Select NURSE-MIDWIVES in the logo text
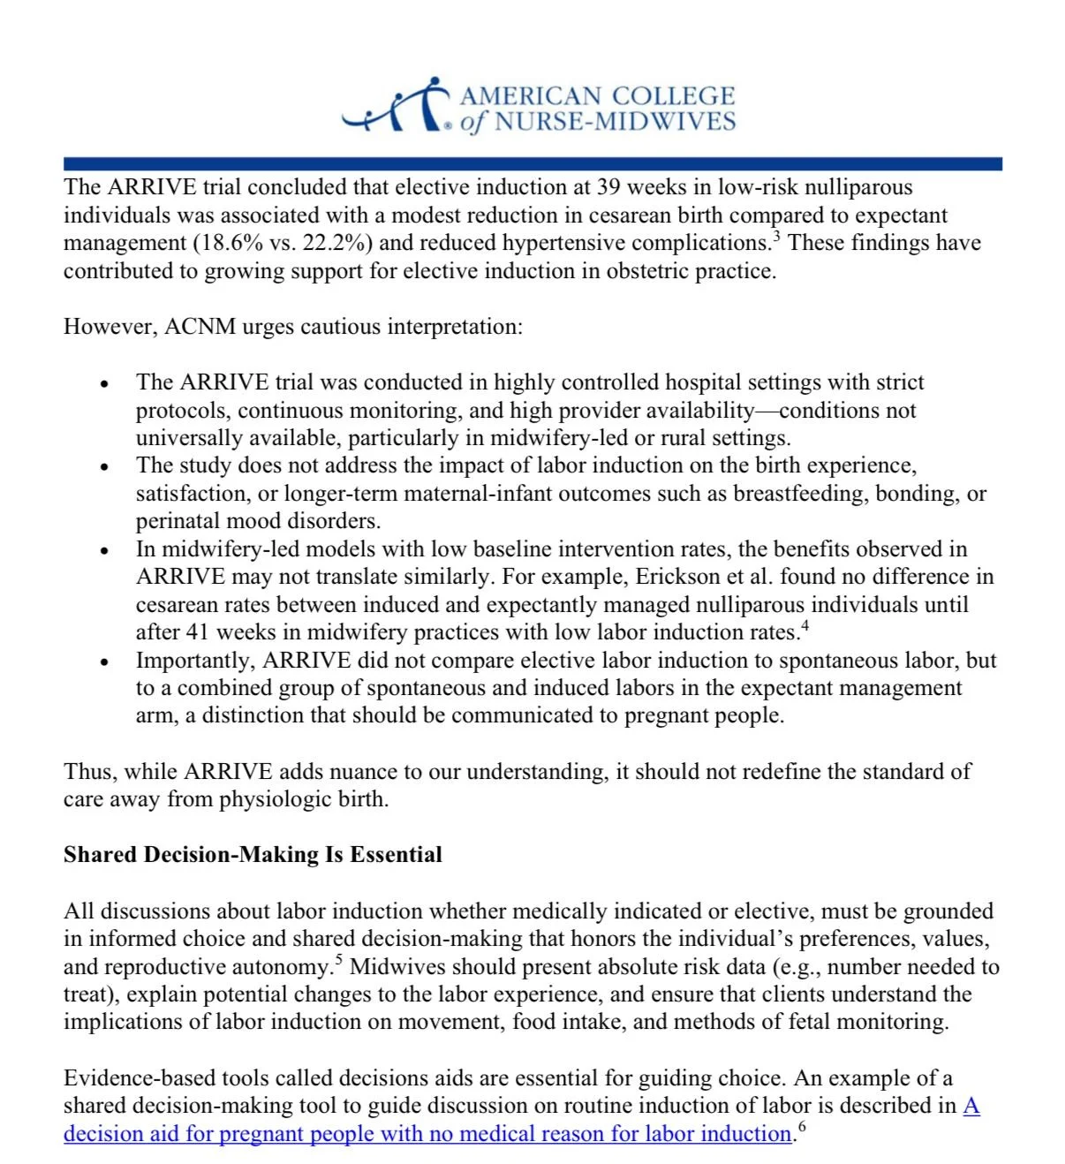click(x=615, y=122)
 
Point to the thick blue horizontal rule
click(x=532, y=163)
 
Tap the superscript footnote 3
click(x=776, y=236)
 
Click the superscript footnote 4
click(x=804, y=626)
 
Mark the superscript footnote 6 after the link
click(x=801, y=1127)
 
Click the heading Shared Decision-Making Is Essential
click(x=253, y=855)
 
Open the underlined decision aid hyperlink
click(x=427, y=1134)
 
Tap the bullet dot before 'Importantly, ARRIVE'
click(x=105, y=661)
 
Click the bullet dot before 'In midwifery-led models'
click(x=105, y=550)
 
